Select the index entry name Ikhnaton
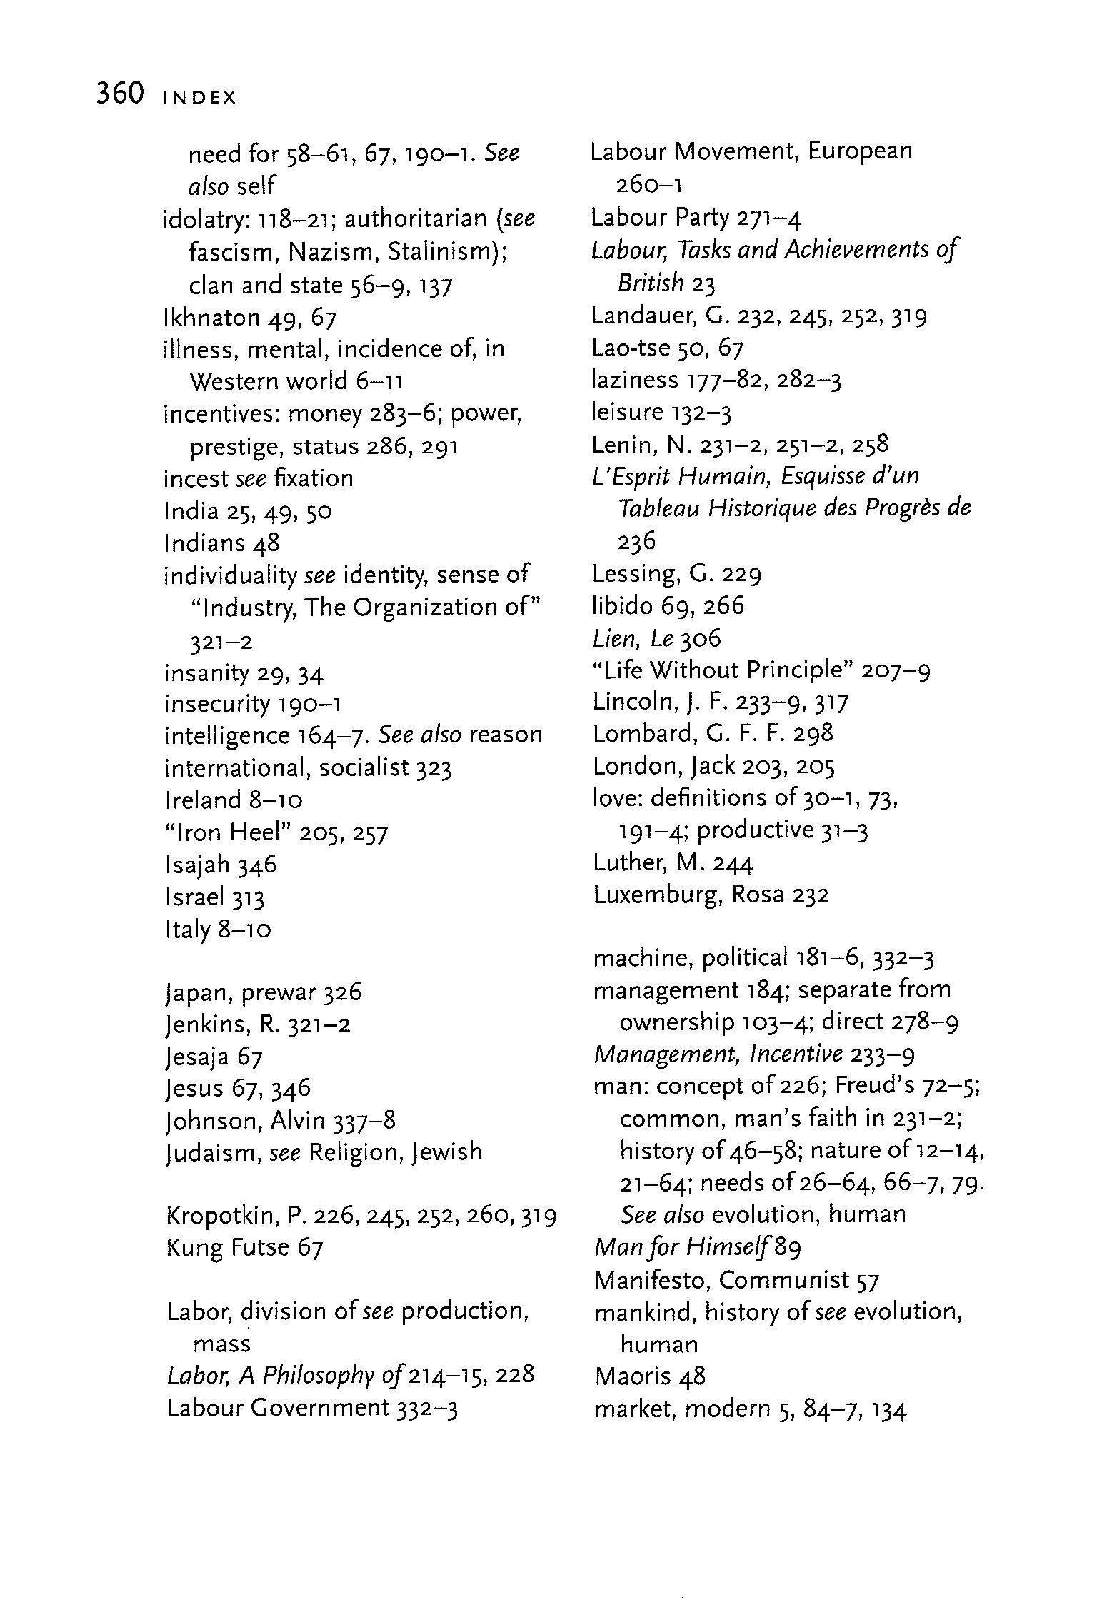click(211, 317)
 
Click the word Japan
click(198, 993)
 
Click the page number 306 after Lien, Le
click(701, 638)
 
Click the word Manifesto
click(651, 1280)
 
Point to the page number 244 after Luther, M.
click(733, 863)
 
